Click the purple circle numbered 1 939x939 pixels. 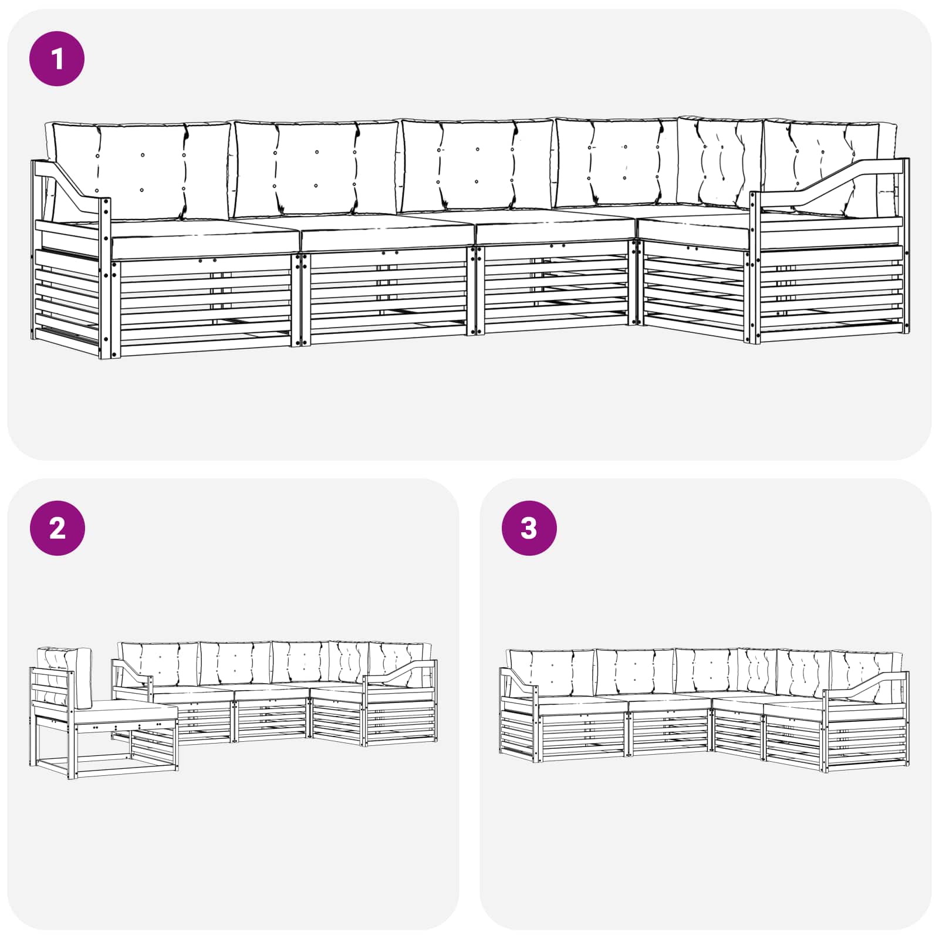(x=57, y=59)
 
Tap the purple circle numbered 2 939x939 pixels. (x=57, y=528)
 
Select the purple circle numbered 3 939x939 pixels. (x=529, y=528)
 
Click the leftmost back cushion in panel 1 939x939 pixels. (x=139, y=170)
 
